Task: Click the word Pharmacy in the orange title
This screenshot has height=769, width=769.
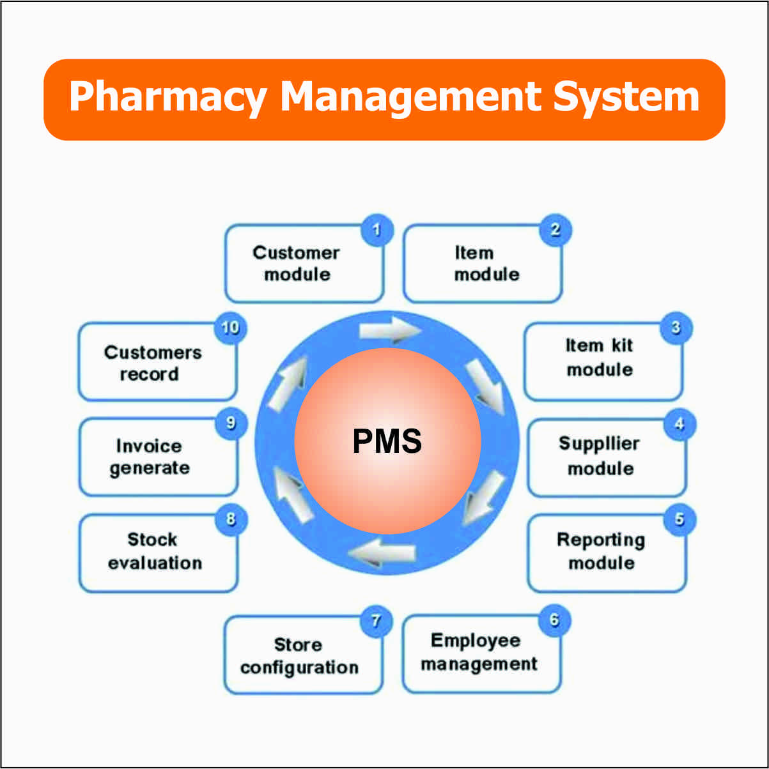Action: tap(167, 98)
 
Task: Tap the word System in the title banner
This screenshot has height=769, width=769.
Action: tap(626, 98)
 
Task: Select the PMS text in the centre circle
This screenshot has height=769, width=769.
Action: tap(387, 441)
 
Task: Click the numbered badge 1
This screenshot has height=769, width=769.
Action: tap(377, 230)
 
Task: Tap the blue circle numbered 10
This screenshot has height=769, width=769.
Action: tap(229, 328)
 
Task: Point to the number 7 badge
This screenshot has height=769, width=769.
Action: tap(376, 621)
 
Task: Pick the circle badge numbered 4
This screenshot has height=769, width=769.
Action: tap(679, 425)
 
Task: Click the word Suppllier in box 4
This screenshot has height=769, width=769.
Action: tap(599, 444)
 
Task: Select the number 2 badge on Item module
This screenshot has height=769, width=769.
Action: tap(555, 230)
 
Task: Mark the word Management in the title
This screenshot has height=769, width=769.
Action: tap(409, 98)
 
